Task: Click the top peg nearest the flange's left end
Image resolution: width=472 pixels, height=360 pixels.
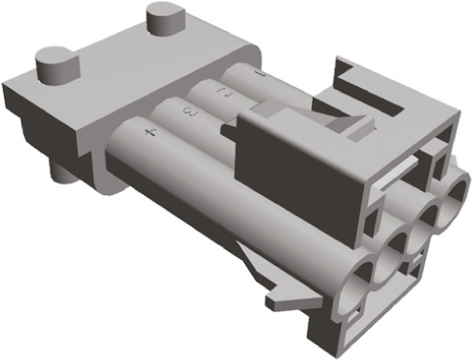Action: (57, 63)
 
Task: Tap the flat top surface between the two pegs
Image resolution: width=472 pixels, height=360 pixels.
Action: (118, 59)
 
